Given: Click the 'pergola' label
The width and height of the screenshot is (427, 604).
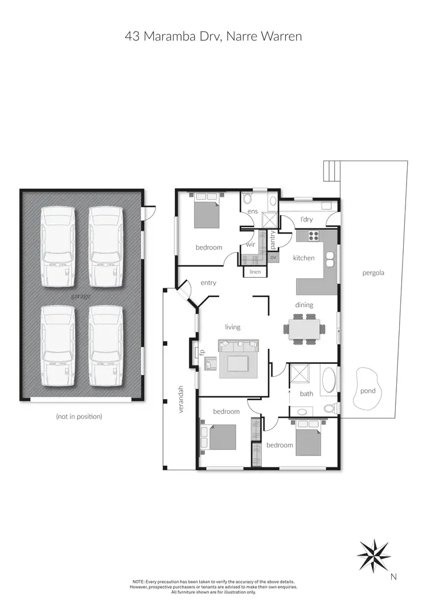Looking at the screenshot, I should tap(373, 273).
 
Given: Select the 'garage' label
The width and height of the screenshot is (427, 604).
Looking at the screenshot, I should tap(81, 296).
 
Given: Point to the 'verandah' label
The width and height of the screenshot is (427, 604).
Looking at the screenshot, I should tap(182, 399).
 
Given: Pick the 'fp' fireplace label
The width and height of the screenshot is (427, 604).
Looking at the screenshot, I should tap(195, 352).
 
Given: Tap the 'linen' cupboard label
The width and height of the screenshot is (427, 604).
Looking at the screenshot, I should tap(255, 272).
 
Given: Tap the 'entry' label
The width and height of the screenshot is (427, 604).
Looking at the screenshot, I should tap(208, 283).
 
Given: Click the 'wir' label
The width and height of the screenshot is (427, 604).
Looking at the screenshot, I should tap(250, 244).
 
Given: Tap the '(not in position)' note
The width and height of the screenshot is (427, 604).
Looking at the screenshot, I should tap(79, 416).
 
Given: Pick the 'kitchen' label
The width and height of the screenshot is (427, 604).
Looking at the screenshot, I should tap(303, 258).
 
